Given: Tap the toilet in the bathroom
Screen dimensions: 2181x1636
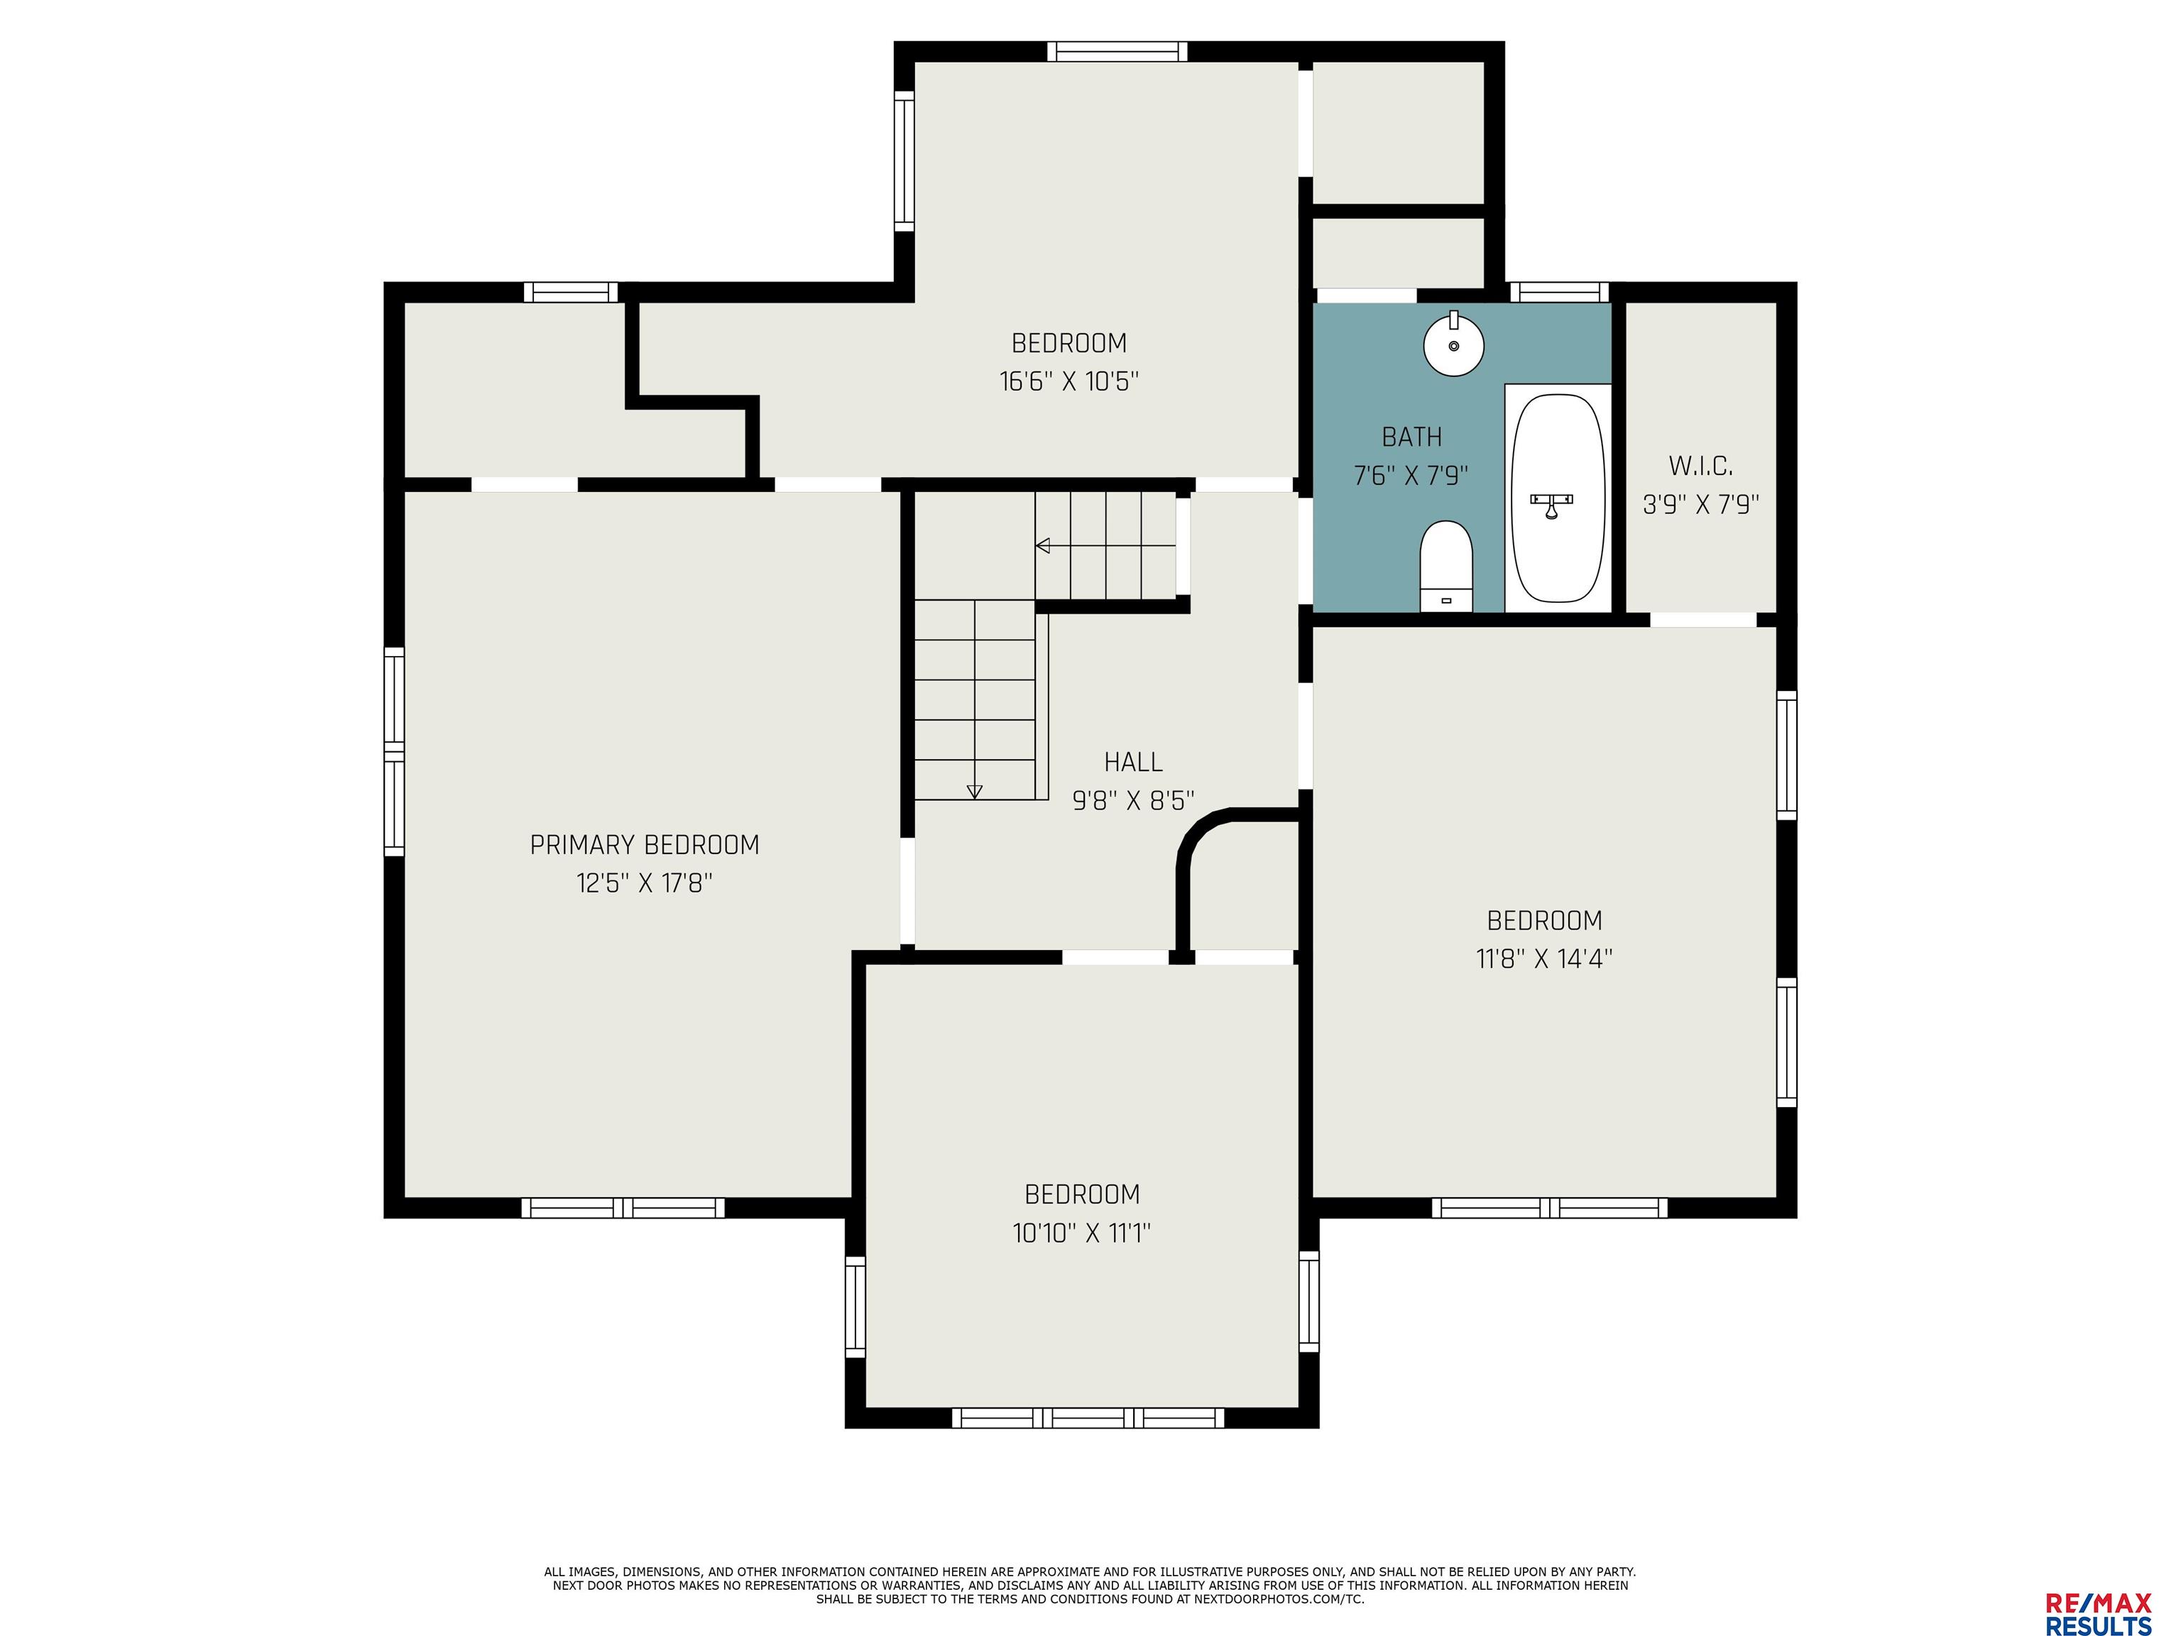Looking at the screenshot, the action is click(x=1445, y=566).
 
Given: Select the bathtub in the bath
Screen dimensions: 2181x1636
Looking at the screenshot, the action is click(x=1558, y=498).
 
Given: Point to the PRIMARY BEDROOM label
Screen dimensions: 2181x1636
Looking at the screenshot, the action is click(x=645, y=845).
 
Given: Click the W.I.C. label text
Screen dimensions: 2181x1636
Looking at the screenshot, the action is click(x=1701, y=466).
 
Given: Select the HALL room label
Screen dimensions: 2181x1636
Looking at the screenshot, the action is click(x=1133, y=761).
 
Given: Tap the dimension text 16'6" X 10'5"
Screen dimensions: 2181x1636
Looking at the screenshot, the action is click(x=1068, y=381).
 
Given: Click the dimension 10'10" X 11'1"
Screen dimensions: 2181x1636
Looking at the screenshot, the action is click(x=1082, y=1233).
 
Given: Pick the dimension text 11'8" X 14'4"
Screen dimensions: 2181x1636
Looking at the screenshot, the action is click(x=1544, y=959).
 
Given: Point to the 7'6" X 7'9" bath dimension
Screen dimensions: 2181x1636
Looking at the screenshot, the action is click(x=1411, y=475).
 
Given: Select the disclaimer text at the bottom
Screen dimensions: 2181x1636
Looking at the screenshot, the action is click(x=1090, y=1585).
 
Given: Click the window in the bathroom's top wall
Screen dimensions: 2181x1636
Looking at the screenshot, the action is click(x=1559, y=292).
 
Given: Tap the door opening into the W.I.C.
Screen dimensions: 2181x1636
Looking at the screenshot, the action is click(x=1702, y=619).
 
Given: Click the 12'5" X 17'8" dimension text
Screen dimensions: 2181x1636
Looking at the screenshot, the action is click(x=644, y=883).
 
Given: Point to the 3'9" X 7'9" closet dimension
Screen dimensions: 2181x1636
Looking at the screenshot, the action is click(x=1701, y=505).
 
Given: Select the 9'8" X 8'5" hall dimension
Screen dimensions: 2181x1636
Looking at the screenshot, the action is click(x=1133, y=800).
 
